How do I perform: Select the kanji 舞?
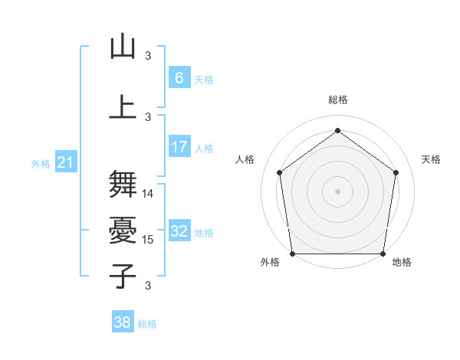click(123, 184)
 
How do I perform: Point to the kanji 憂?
click(123, 229)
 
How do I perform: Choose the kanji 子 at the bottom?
click(123, 275)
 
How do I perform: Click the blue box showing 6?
click(179, 77)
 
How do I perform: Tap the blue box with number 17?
click(179, 147)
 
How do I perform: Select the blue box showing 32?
click(179, 231)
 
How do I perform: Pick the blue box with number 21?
click(65, 162)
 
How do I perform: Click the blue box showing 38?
click(122, 322)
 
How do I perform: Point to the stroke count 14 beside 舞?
click(149, 194)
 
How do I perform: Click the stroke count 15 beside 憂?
click(149, 240)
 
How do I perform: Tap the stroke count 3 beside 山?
click(148, 56)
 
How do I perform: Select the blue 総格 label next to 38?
click(147, 324)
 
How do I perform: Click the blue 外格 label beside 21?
click(40, 164)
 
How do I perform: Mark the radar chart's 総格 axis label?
click(338, 100)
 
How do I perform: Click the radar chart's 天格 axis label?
click(432, 159)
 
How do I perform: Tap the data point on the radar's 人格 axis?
click(279, 172)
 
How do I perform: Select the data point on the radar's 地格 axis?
click(383, 254)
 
